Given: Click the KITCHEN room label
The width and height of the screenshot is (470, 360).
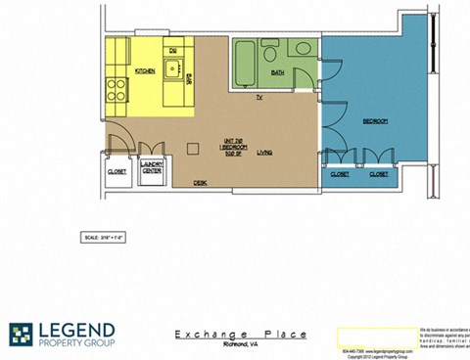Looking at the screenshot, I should pyautogui.click(x=145, y=71).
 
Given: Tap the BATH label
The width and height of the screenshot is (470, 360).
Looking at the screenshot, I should pyautogui.click(x=278, y=72).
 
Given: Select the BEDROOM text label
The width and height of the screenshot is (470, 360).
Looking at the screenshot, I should pyautogui.click(x=376, y=121).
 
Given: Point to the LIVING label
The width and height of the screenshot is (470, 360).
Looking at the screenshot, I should pyautogui.click(x=265, y=153).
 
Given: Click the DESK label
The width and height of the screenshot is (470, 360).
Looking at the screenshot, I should pyautogui.click(x=199, y=182).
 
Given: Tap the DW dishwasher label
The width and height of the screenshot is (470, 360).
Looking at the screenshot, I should pyautogui.click(x=172, y=50).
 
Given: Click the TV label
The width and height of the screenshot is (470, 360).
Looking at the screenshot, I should pyautogui.click(x=258, y=99).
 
